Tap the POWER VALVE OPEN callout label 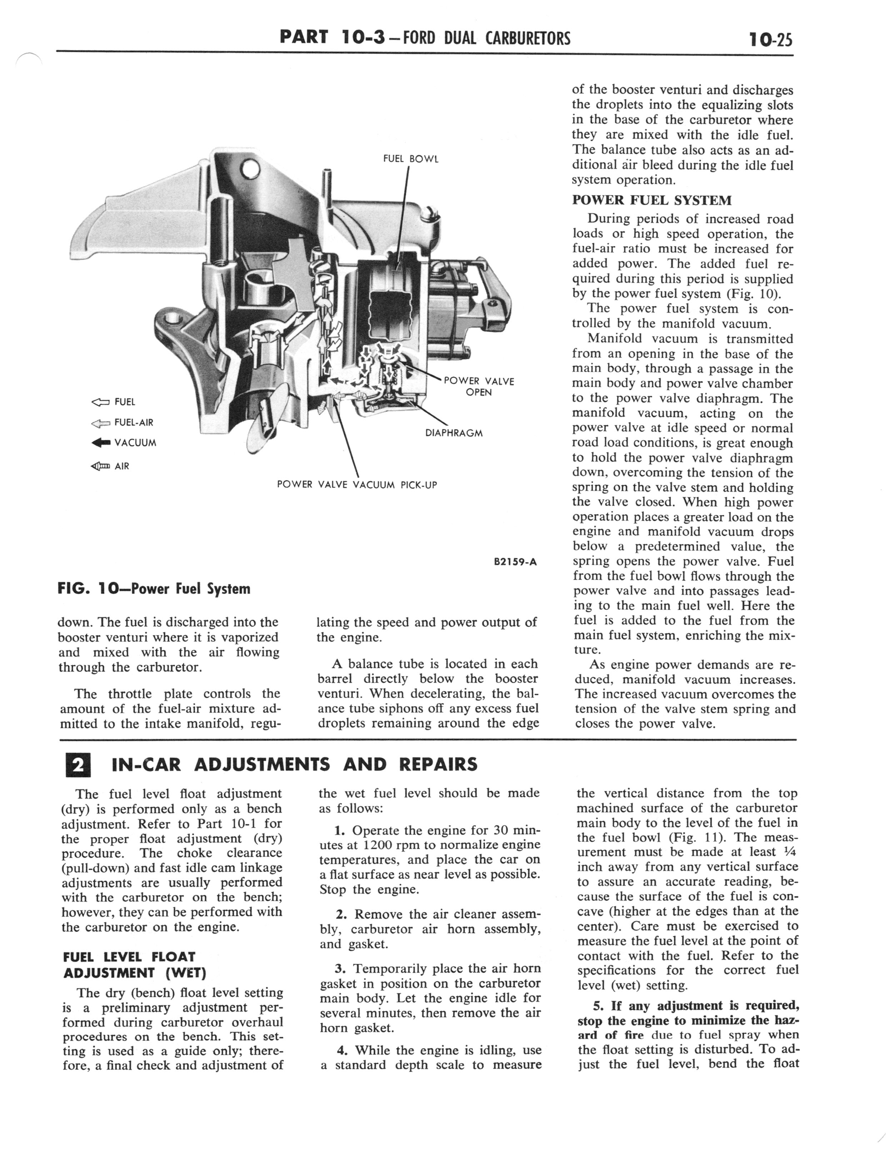(x=478, y=386)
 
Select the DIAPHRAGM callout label (x=454, y=433)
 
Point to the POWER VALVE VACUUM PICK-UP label (x=357, y=485)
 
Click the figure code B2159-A (x=515, y=562)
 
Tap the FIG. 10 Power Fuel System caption (x=154, y=589)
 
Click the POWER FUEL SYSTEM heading (x=652, y=200)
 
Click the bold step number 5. (x=598, y=1005)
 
